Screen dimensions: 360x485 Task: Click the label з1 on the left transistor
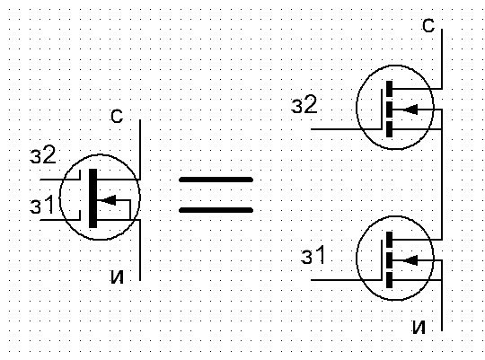coord(43,207)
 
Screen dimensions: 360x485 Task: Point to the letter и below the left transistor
coord(117,276)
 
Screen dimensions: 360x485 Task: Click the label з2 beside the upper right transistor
coord(304,104)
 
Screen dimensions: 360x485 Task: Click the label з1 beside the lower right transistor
coord(311,258)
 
